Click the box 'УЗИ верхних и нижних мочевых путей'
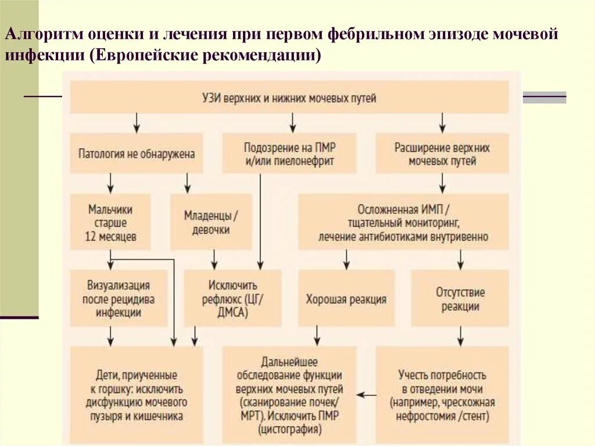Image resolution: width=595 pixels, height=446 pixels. point(289,97)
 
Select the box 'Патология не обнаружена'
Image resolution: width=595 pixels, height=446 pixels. point(137,154)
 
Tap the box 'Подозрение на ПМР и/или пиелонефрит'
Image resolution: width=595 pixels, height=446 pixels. point(289,154)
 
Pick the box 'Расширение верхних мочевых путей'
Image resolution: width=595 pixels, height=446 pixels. point(442,154)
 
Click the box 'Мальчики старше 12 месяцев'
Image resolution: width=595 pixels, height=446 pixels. point(110,222)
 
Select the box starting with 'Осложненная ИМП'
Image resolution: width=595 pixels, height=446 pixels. point(403,222)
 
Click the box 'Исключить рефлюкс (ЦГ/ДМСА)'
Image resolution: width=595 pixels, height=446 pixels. point(233,298)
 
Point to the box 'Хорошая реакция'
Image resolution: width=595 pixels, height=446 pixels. point(346,299)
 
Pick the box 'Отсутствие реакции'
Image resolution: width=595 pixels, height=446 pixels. point(460,298)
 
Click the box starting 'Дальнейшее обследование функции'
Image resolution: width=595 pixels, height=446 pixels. point(289,395)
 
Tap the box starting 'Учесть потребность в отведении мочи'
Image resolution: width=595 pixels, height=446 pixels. point(442,395)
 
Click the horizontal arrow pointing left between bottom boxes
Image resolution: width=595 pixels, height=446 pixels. point(366,395)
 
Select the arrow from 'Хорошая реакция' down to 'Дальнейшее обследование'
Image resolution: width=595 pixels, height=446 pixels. point(317,336)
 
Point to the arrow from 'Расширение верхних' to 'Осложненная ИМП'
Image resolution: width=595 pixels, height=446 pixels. point(442,183)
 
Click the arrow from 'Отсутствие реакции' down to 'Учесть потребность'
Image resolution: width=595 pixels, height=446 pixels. point(460,336)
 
